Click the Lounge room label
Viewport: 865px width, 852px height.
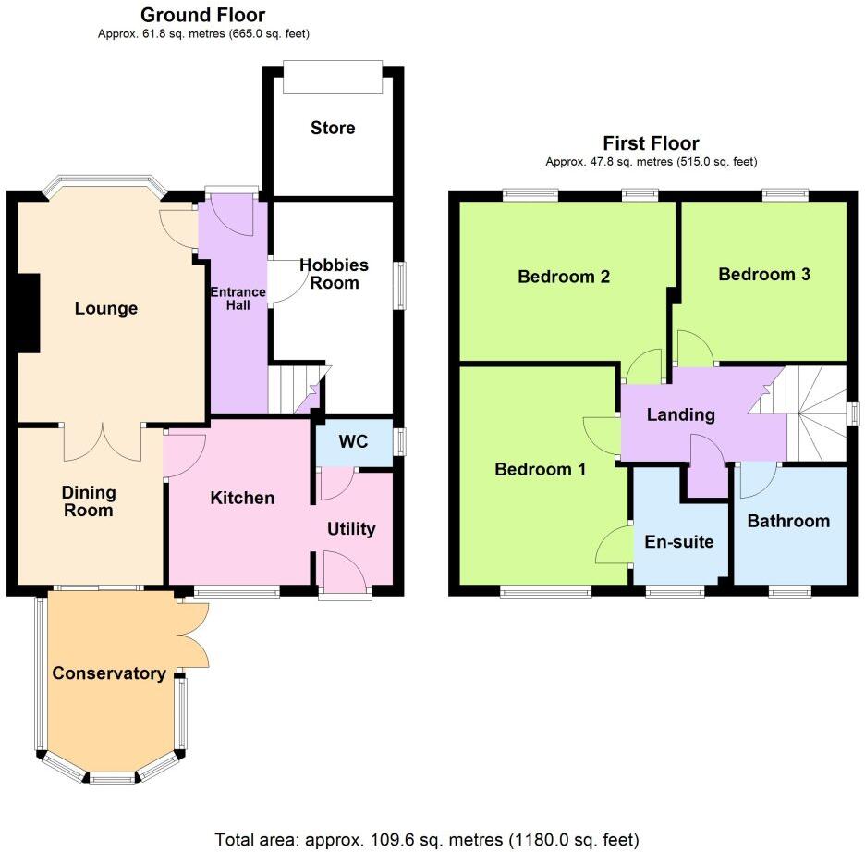pos(106,308)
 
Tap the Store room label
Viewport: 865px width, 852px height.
pos(333,128)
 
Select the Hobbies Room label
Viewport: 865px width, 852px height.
pos(334,274)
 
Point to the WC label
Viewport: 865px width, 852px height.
pos(353,442)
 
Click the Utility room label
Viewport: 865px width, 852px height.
pos(351,528)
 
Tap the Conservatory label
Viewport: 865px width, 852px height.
pos(109,673)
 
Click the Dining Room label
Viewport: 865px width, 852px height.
pos(88,501)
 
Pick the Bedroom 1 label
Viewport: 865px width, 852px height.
pos(540,469)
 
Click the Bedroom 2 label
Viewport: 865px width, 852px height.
pos(563,276)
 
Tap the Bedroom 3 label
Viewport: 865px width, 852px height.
pos(764,274)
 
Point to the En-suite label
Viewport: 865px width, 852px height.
pos(679,541)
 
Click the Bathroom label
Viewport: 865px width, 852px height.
pos(788,521)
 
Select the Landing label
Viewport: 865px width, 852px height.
pos(680,414)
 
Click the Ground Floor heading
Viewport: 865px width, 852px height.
pos(202,15)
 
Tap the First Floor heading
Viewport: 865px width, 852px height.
pos(651,142)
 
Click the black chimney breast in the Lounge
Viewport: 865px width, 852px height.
pos(28,313)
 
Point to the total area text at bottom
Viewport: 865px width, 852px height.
pos(426,840)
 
